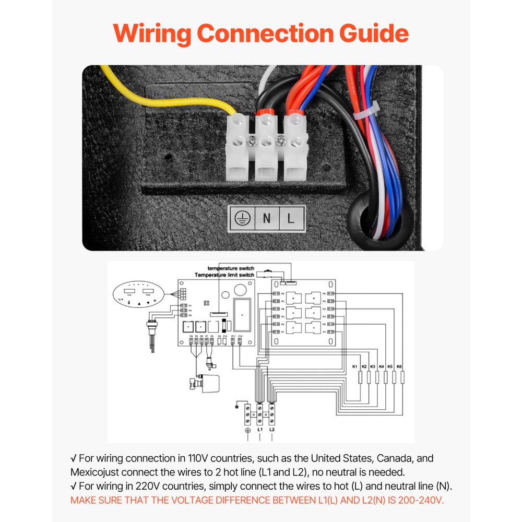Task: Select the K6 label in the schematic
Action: tap(399, 367)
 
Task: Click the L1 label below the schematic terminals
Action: tap(260, 430)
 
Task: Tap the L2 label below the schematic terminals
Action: tap(271, 430)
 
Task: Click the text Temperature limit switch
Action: tap(224, 275)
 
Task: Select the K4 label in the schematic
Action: tap(382, 367)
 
